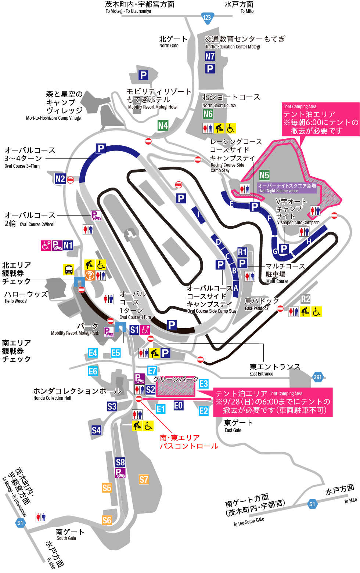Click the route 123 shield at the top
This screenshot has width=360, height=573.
tap(207, 17)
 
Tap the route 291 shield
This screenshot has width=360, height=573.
tap(318, 377)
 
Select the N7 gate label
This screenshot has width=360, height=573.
tap(210, 56)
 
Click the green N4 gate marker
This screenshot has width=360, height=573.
tap(163, 126)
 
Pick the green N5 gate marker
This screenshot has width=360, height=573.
tap(264, 175)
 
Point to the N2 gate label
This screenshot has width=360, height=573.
tap(60, 179)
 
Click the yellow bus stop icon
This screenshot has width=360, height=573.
tap(69, 270)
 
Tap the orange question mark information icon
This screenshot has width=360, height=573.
tap(90, 275)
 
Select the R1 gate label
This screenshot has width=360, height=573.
tap(242, 252)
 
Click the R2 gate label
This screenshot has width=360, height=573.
tap(305, 299)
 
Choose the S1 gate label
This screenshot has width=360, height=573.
tap(134, 330)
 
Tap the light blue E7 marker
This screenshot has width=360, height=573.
tap(152, 370)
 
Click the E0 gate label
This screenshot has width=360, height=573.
tap(179, 405)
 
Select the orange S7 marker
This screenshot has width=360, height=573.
tap(144, 479)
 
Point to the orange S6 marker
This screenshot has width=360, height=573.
tap(107, 520)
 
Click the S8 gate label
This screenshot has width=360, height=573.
tap(120, 462)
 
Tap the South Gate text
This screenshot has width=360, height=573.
tap(66, 538)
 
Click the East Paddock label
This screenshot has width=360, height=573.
tap(257, 309)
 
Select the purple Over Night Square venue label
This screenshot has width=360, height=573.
tap(287, 188)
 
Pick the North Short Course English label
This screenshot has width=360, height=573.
tap(219, 105)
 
